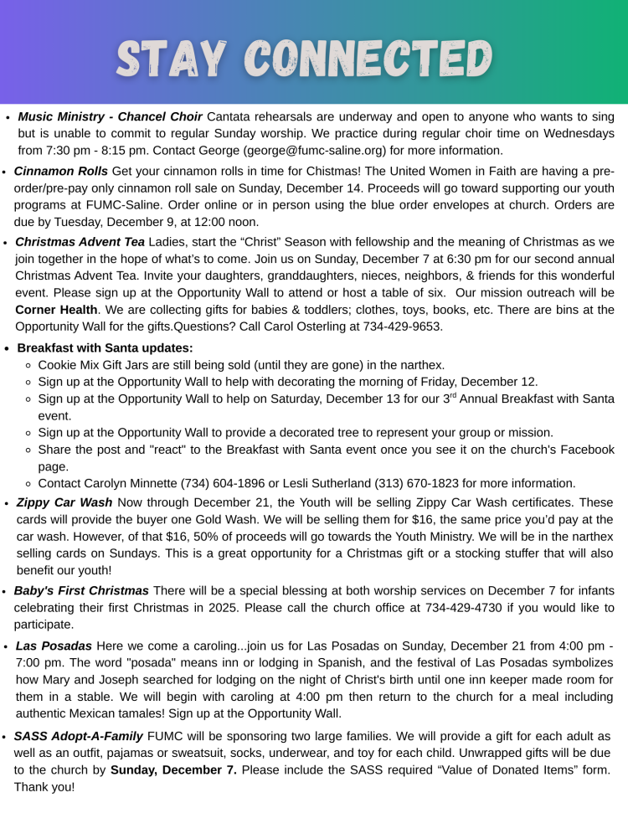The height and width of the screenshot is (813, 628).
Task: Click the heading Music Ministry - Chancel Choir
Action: click(110, 116)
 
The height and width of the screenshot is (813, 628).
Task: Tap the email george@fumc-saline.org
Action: click(314, 151)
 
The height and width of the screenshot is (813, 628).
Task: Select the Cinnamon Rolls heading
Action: click(61, 172)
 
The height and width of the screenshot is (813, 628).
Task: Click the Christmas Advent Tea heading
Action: click(80, 242)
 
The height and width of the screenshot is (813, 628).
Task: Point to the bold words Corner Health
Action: click(56, 310)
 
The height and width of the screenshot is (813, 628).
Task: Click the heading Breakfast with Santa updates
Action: click(105, 347)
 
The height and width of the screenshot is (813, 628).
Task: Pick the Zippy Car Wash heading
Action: click(64, 502)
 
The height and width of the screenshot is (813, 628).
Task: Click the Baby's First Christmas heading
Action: click(81, 590)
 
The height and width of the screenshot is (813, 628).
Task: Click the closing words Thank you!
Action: click(44, 787)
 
